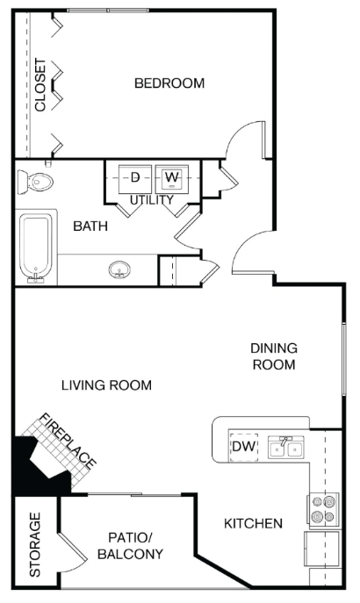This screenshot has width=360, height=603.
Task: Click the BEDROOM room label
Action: [169, 83]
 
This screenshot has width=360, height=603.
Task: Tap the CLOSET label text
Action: [40, 84]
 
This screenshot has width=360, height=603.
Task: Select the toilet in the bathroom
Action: [37, 182]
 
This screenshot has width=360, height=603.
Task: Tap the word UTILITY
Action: [152, 200]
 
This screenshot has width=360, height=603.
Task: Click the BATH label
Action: [90, 226]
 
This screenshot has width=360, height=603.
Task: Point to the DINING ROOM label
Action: [275, 355]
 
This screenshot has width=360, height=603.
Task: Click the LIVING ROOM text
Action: [106, 384]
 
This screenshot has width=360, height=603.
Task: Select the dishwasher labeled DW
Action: [242, 447]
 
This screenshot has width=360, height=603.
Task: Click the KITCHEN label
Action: [253, 524]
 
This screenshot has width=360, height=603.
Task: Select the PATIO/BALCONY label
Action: [129, 545]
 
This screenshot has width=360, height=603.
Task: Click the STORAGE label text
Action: [35, 544]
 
